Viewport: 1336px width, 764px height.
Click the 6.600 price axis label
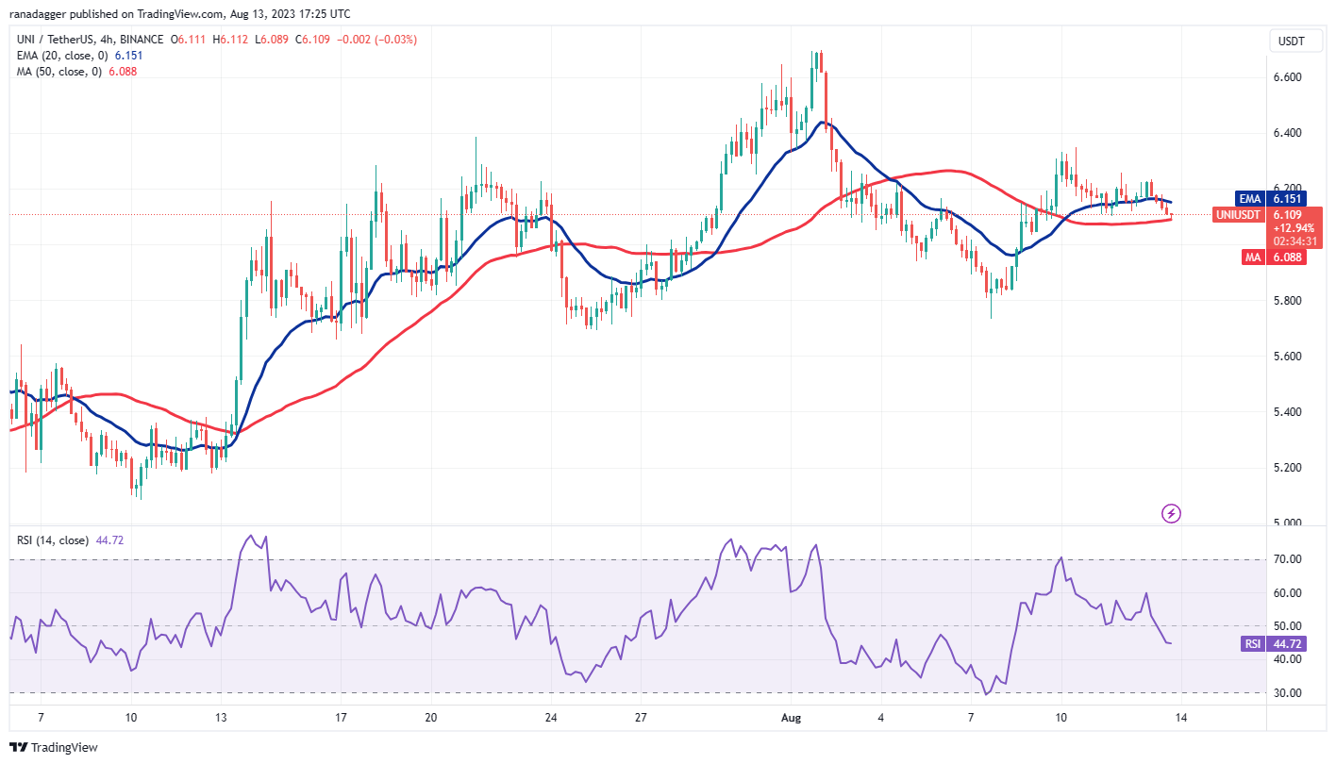(x=1288, y=77)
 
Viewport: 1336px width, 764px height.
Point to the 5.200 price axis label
(x=1288, y=468)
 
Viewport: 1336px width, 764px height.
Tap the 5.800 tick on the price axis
(x=1288, y=301)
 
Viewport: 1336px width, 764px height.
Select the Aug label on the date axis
(x=792, y=718)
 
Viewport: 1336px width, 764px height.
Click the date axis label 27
(x=641, y=718)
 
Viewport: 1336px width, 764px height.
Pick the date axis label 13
(x=219, y=718)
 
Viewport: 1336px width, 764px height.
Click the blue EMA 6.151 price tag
(x=1269, y=199)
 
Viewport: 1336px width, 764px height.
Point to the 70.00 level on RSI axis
(x=1288, y=559)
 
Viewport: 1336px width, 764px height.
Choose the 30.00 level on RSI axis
(x=1288, y=692)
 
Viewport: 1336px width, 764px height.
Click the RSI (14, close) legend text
(x=51, y=540)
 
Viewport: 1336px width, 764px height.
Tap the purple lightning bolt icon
(x=1171, y=514)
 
